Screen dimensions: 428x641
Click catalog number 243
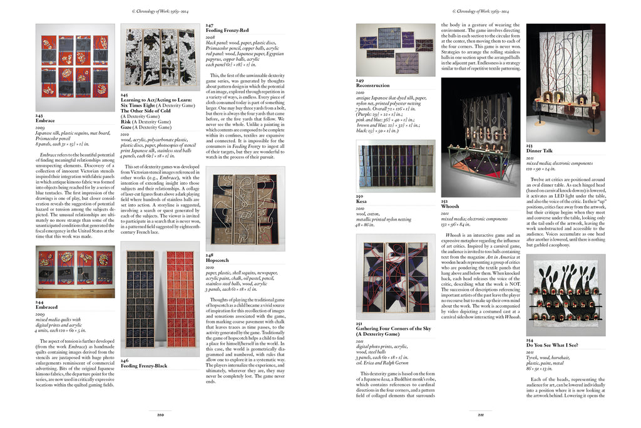point(39,117)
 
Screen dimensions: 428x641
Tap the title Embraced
point(47,308)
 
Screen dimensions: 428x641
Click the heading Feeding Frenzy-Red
point(227,30)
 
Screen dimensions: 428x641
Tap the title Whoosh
point(451,206)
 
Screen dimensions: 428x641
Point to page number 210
point(160,415)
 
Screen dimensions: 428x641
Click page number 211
point(480,415)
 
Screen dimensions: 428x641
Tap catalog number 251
point(360,323)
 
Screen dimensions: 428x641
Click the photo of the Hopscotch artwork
point(245,208)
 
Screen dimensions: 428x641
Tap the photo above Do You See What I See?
point(556,295)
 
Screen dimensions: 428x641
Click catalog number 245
point(125,95)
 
